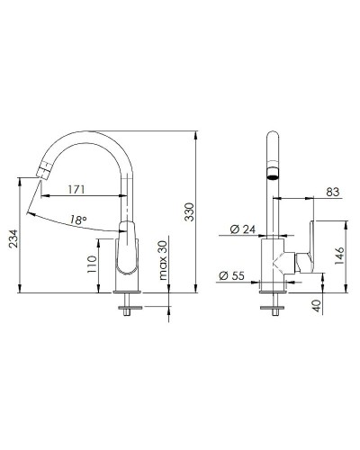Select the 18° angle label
[78, 219]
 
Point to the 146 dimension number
[337, 256]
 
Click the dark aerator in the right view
[273, 173]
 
